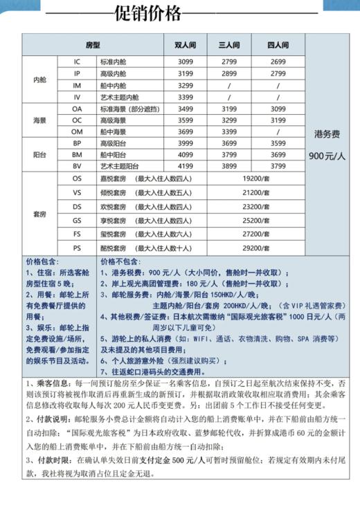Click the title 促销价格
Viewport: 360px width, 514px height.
(x=148, y=13)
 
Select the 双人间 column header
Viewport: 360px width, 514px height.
(x=184, y=45)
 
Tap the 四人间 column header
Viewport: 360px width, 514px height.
(x=278, y=45)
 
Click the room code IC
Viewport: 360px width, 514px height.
(x=78, y=62)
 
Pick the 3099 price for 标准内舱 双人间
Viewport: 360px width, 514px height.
(x=184, y=62)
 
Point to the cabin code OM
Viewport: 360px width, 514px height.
(x=78, y=131)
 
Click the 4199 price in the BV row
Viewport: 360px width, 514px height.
(x=184, y=166)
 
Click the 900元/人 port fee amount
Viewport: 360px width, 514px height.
(x=327, y=156)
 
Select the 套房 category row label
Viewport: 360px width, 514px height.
(x=40, y=213)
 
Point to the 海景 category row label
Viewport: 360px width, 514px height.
(x=40, y=120)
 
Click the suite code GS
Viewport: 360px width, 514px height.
(x=78, y=220)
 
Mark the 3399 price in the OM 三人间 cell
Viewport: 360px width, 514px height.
(x=229, y=131)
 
